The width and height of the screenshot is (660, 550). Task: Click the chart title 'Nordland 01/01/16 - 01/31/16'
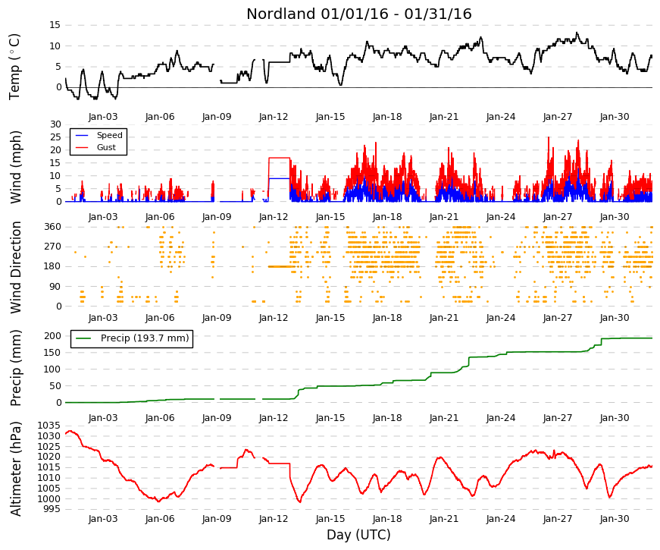tap(358, 14)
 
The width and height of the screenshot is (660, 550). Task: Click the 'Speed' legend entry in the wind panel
tap(109, 135)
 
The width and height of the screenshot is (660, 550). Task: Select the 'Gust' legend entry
tap(106, 147)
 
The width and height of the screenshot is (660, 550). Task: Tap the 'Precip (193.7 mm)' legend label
tap(145, 338)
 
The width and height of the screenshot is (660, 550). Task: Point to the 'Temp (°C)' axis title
tap(14, 67)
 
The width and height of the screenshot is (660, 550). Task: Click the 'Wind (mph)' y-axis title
tap(15, 168)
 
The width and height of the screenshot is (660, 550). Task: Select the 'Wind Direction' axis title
tap(15, 267)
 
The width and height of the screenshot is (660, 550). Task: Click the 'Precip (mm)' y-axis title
tap(15, 368)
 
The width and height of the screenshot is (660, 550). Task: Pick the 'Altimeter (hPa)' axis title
tap(15, 469)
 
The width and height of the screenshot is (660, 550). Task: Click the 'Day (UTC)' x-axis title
tap(358, 535)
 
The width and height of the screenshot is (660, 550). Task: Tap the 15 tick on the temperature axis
tap(55, 25)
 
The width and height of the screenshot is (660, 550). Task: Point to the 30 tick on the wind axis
tap(55, 124)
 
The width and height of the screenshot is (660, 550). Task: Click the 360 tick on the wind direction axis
tap(52, 227)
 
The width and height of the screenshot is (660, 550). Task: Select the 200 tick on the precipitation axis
tap(52, 336)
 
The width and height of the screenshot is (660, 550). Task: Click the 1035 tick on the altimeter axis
tap(48, 426)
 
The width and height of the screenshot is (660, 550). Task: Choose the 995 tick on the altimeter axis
tap(52, 509)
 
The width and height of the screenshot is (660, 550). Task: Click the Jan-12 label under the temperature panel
tap(274, 117)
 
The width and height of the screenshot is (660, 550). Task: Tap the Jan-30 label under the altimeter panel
tap(615, 519)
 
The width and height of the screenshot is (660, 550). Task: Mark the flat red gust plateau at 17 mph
tap(280, 158)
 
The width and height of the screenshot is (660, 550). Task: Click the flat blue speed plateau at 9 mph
tap(280, 178)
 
